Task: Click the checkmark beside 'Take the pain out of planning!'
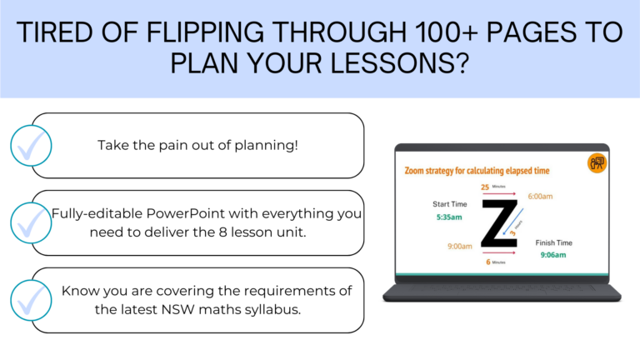click(x=32, y=146)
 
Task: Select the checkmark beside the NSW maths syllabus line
click(x=32, y=299)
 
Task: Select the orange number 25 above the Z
click(x=485, y=187)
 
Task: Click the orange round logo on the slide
click(x=597, y=163)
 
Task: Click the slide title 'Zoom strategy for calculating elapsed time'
click(x=477, y=171)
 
